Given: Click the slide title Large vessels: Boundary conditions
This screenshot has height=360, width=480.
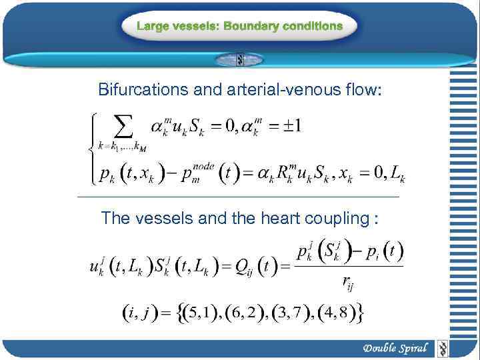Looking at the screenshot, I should [x=240, y=27].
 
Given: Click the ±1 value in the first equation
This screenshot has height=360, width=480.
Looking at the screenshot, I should [x=288, y=125].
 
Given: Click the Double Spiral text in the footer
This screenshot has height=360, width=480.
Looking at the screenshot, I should [x=395, y=348].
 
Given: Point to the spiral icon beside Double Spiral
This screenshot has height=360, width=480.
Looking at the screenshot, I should [x=442, y=348].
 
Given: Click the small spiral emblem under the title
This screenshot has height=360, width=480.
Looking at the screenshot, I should [x=240, y=60].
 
